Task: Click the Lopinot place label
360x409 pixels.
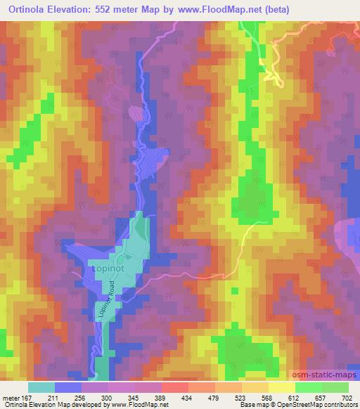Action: click(x=108, y=268)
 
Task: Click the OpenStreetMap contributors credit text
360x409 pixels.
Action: click(x=317, y=405)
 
